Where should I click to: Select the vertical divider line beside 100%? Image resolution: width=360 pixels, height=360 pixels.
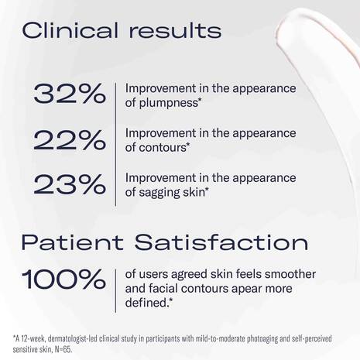click(115, 288)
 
